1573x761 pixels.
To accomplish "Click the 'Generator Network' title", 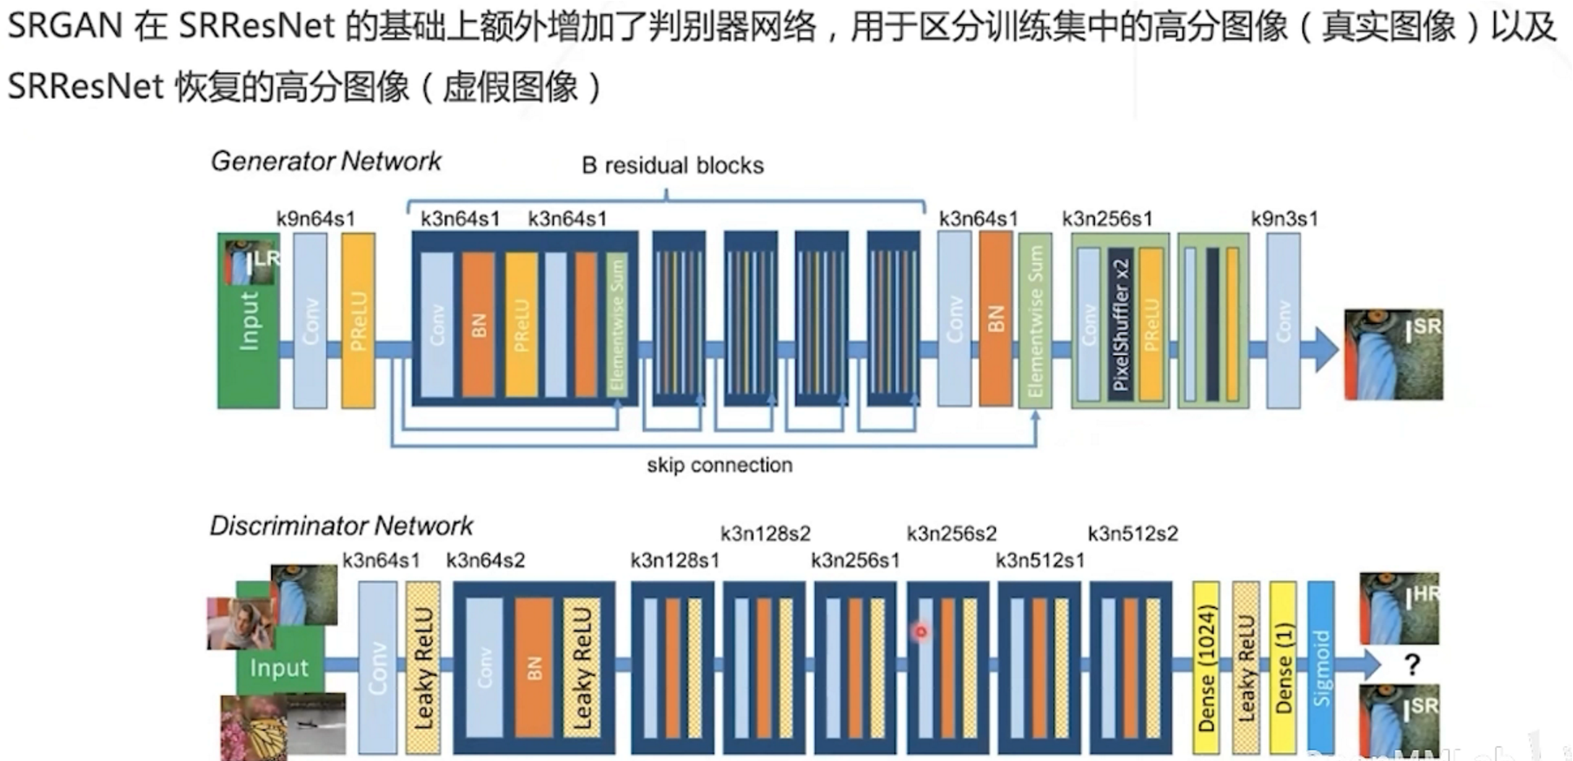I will [326, 162].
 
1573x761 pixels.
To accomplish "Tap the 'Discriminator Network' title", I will [342, 526].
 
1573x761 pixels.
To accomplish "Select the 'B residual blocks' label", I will [673, 166].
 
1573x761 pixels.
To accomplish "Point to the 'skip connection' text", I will [720, 466].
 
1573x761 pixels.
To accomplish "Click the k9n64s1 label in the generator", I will [315, 219].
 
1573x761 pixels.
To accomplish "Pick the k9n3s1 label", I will [1284, 219].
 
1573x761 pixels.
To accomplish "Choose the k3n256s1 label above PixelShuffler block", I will [1107, 219].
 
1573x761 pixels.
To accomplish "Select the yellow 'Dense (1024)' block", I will [1206, 667].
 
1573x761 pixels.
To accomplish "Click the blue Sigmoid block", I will [1321, 667].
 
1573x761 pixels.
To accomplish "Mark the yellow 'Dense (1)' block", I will [1283, 667].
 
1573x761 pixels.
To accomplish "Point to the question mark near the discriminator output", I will [1412, 665].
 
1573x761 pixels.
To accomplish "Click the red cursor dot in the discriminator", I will [921, 632].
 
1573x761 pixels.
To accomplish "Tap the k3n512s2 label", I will [1132, 533].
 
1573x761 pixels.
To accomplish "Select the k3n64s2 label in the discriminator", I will [485, 561].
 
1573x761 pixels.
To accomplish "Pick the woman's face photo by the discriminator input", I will [241, 622].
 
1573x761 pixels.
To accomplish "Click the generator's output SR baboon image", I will [1393, 354].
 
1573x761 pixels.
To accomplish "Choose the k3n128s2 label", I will [765, 533].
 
